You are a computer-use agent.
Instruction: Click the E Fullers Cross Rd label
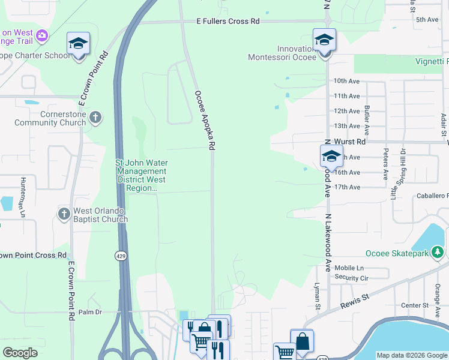point(228,21)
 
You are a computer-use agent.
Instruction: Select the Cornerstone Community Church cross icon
point(95,118)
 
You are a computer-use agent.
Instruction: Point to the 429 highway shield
point(120,255)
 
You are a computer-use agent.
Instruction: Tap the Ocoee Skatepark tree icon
point(438,253)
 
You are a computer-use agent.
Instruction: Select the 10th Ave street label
point(346,81)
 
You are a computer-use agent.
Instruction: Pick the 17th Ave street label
point(347,187)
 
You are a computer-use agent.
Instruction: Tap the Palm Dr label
point(91,312)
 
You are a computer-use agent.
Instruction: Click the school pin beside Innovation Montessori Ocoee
point(324,41)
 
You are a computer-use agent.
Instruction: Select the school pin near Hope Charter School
point(78,43)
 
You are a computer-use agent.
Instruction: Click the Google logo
point(20,353)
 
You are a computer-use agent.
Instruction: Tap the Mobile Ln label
point(349,268)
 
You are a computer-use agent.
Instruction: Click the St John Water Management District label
point(142,175)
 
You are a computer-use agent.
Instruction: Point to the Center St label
point(414,305)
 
